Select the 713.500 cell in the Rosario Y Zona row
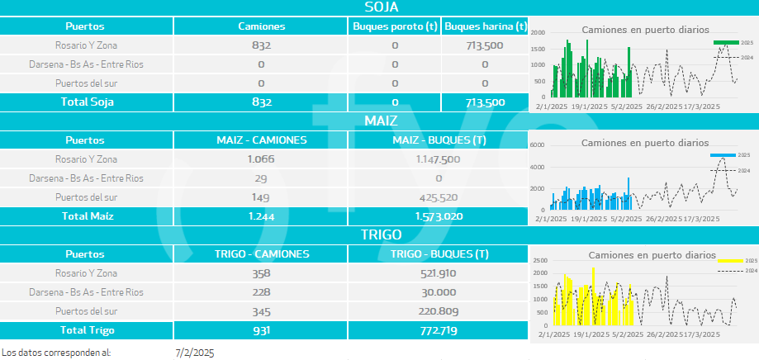point(485,45)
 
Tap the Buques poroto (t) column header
point(395,26)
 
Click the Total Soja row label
point(87,102)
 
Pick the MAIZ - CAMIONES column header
point(261,140)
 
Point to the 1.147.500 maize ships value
point(438,159)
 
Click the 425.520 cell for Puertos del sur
point(438,197)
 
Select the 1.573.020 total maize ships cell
point(438,216)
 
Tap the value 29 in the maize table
point(261,178)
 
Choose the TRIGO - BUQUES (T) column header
point(438,253)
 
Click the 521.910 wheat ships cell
point(438,273)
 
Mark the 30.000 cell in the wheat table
point(438,292)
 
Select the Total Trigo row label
point(87,330)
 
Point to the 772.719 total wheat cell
point(438,330)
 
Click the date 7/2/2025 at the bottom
point(195,353)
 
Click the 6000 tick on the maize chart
point(537,145)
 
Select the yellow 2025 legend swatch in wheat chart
point(730,260)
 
